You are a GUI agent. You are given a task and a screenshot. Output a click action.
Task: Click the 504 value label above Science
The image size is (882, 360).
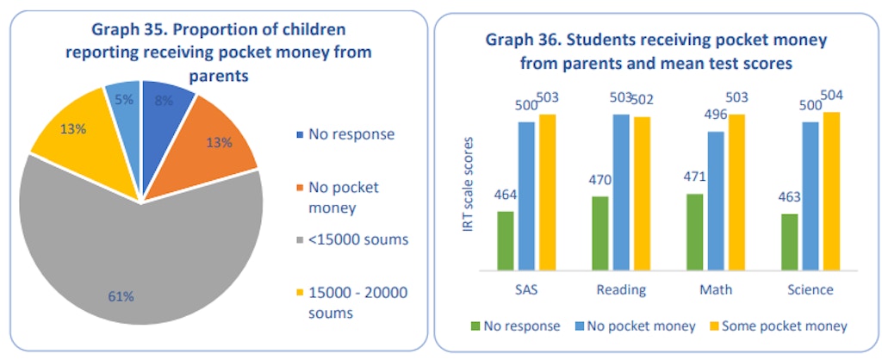coord(831,95)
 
